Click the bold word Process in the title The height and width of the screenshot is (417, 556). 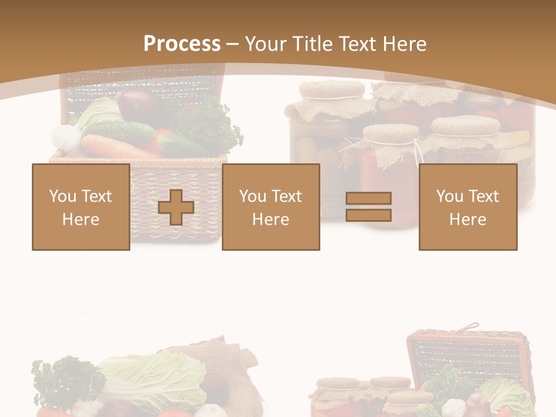point(182,44)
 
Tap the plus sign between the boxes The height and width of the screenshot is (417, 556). point(176,207)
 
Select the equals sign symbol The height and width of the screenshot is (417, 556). point(368,207)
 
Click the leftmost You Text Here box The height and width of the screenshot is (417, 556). point(81,207)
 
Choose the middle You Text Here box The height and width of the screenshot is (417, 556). point(271,207)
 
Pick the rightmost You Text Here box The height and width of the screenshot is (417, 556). point(468,207)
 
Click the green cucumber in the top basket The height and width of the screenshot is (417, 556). point(119,132)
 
